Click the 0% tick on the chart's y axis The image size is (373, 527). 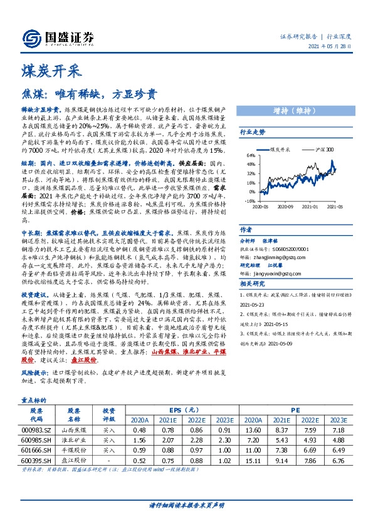[252, 192]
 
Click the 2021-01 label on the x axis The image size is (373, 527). [309, 205]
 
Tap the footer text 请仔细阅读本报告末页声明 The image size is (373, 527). [186, 504]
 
